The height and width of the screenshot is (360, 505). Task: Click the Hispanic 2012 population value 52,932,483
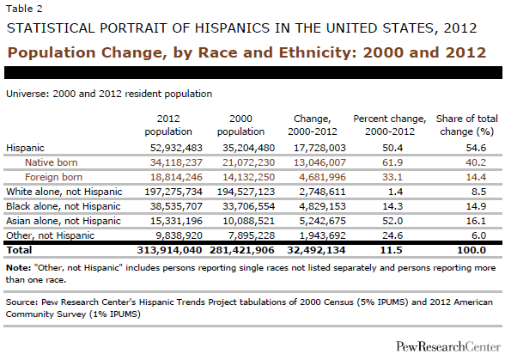[x=176, y=148]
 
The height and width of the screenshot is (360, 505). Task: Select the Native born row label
[x=52, y=162]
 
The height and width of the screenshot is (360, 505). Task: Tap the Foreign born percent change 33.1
[x=392, y=177]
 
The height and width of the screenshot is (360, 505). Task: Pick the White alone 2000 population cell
[x=246, y=192]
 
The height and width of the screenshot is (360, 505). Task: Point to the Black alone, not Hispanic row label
[x=64, y=206]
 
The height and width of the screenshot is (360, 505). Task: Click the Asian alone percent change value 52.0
[x=392, y=221]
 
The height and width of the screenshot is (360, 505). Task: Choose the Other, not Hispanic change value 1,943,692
[x=322, y=235]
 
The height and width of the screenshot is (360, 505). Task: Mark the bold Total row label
[x=19, y=250]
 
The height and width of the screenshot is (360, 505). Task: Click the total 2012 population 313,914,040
[x=170, y=250]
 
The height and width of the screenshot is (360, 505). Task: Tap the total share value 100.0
[x=472, y=250]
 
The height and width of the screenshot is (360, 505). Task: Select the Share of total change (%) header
[x=467, y=125]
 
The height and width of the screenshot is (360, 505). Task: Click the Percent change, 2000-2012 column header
[x=390, y=125]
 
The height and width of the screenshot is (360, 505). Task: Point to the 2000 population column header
[x=240, y=125]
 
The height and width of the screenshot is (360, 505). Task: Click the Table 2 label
[x=24, y=9]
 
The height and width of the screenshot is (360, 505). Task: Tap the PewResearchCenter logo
[x=448, y=346]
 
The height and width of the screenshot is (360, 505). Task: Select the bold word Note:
[x=18, y=268]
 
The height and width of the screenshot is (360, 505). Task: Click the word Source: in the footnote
[x=22, y=302]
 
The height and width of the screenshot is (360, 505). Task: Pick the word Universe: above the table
[x=27, y=94]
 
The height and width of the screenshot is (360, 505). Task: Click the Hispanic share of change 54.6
[x=476, y=148]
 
